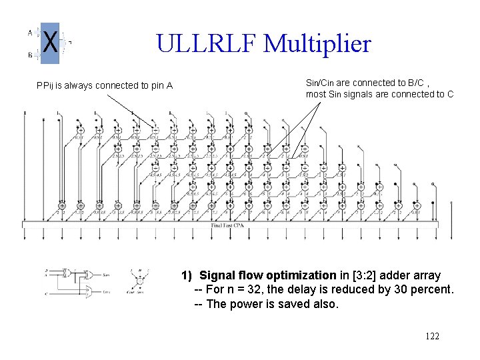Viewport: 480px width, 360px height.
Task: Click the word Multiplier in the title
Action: (317, 44)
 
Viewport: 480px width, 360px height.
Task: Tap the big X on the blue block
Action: (49, 43)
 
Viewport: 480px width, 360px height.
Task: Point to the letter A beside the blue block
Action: (30, 31)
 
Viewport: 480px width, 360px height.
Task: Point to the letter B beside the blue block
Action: (30, 55)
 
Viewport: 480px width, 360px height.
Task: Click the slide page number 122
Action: (432, 336)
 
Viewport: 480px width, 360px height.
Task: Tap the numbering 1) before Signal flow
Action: (187, 275)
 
